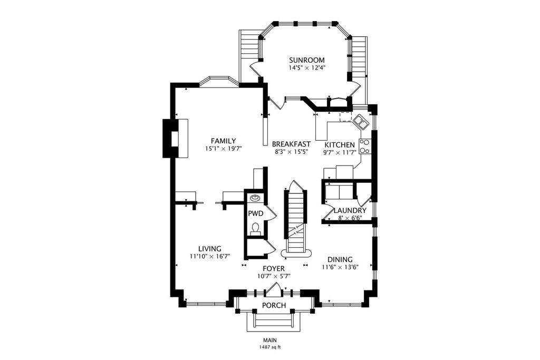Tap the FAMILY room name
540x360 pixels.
(224, 141)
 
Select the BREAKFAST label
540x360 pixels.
(291, 144)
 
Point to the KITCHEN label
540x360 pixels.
(340, 145)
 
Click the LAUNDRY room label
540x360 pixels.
(350, 211)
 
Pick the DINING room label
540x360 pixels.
(340, 259)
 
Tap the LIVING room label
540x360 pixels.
(210, 248)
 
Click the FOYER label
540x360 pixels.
(274, 268)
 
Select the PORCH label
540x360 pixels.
(274, 305)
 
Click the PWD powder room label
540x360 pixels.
(256, 213)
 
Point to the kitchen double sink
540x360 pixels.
(360, 121)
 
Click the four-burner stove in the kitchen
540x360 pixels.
(364, 146)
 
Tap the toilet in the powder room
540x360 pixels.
(256, 229)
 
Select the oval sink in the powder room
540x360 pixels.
(255, 198)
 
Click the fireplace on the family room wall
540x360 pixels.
(175, 138)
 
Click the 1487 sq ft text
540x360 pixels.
(271, 347)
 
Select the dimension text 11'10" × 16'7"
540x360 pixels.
(210, 256)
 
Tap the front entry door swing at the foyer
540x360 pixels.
(274, 289)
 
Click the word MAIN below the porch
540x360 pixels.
(271, 340)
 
